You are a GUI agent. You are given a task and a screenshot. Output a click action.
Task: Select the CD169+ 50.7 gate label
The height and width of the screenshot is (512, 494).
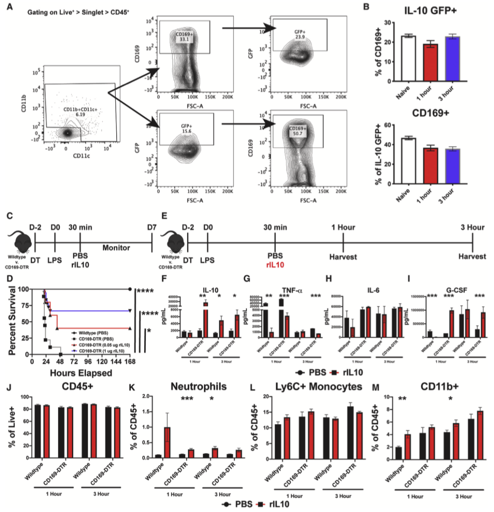tap(298, 131)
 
